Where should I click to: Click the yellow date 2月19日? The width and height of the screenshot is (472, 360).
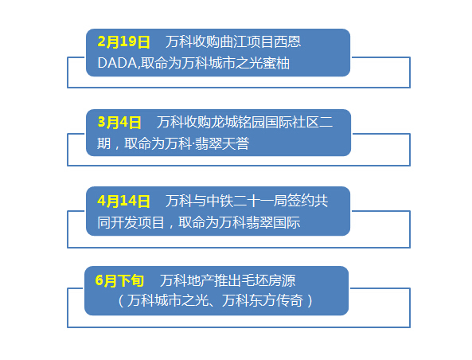tap(123, 41)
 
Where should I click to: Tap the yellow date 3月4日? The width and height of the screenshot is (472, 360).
tap(119, 123)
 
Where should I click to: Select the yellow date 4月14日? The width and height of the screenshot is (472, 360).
tap(123, 201)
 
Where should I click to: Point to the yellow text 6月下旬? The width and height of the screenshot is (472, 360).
tap(119, 280)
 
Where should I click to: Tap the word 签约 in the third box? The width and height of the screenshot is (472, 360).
tap(300, 201)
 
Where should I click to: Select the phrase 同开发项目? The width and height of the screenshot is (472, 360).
tap(131, 223)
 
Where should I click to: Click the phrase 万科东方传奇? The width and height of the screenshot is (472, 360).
tap(263, 300)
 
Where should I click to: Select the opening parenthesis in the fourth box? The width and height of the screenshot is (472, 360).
tap(121, 300)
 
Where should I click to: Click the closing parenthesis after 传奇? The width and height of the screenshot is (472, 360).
tap(310, 300)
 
